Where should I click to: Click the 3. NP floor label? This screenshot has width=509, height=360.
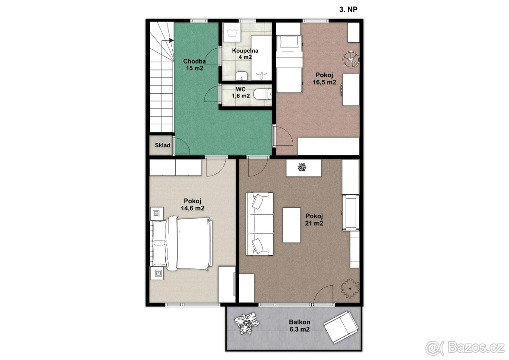tap(348, 9)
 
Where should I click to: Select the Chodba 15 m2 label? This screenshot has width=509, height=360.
tap(195, 64)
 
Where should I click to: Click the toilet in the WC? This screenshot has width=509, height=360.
tap(263, 94)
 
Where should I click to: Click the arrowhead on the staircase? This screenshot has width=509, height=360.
tap(171, 40)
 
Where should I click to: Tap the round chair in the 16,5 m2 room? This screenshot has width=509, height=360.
tap(351, 59)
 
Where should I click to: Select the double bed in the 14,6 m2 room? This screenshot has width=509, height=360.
tap(182, 243)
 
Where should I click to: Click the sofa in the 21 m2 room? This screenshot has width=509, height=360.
tap(260, 224)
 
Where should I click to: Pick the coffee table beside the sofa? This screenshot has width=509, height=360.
tap(291, 225)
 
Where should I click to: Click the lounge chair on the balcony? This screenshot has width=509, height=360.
tap(341, 327)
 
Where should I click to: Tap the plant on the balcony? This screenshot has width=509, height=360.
tap(247, 323)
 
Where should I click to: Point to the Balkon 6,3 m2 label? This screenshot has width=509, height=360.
tap(299, 326)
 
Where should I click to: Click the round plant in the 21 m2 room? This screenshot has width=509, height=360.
tap(350, 288)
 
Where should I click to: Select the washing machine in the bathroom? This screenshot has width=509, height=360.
tap(232, 33)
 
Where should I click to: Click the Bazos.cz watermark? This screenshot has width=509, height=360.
tap(465, 348)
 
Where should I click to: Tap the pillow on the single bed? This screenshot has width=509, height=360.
tap(289, 42)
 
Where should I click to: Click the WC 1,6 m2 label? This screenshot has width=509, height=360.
tap(241, 92)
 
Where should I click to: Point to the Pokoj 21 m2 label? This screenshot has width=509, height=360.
tap(314, 219)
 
